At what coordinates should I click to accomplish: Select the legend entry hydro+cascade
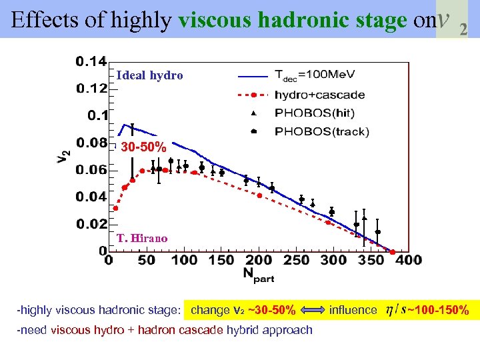point(319,95)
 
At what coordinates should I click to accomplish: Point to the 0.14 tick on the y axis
point(91,62)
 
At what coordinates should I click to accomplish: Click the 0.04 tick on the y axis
point(91,197)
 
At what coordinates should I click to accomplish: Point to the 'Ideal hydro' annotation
point(149,75)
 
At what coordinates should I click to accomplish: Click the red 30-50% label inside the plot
point(143,147)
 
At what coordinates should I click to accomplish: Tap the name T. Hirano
point(141,238)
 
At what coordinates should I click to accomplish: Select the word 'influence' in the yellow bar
point(353,310)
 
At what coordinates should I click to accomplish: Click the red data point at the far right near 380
point(392,252)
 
